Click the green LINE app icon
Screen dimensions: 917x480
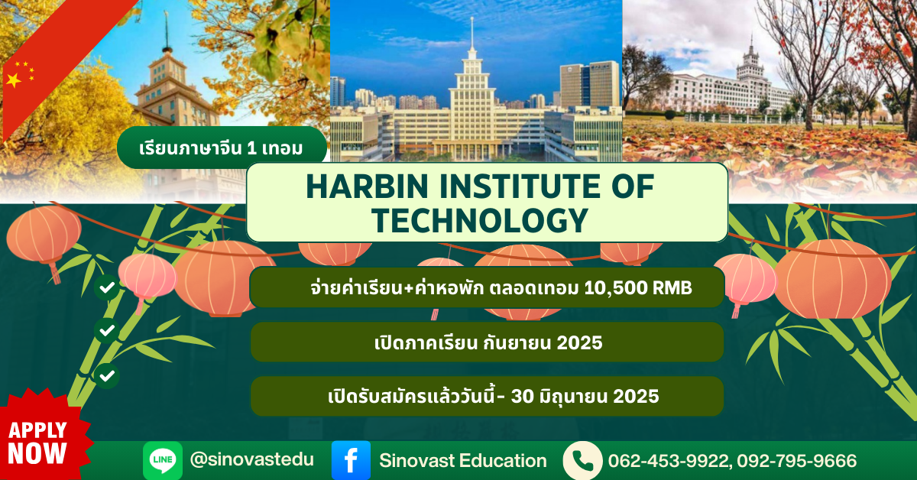click(x=163, y=460)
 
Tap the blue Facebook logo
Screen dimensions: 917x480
click(x=351, y=460)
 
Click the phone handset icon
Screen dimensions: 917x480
click(x=582, y=460)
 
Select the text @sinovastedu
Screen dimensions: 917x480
click(x=251, y=459)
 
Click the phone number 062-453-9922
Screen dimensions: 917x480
click(x=669, y=461)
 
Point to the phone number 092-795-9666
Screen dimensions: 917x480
click(x=796, y=461)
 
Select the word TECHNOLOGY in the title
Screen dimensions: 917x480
click(x=480, y=221)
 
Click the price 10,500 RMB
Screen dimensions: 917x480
click(x=638, y=288)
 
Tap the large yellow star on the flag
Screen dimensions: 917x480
click(x=14, y=80)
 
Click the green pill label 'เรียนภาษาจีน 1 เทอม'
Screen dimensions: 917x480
click(x=222, y=148)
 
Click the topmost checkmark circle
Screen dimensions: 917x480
click(x=107, y=287)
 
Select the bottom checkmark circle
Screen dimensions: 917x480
click(x=107, y=376)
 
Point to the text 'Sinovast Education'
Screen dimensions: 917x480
click(x=463, y=461)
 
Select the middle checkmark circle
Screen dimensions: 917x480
click(x=107, y=330)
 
